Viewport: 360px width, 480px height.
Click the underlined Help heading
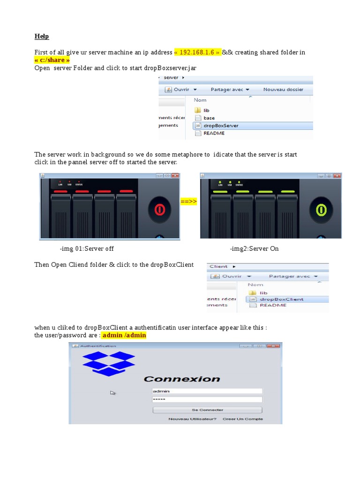pos(42,36)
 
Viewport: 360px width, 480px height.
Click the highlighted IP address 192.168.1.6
pos(197,52)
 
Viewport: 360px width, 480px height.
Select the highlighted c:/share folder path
pos(52,60)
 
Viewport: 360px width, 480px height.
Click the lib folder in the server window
pos(206,110)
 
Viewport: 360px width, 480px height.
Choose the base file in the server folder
pos(209,118)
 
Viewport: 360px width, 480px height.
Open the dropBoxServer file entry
pos(221,126)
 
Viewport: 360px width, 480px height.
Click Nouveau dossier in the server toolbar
pos(283,89)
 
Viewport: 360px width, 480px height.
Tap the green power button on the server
pos(321,209)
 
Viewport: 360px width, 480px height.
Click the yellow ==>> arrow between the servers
pos(188,202)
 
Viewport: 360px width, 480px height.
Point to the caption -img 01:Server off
pos(87,248)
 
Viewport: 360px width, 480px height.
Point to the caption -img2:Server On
pos(254,248)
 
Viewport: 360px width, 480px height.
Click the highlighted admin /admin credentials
pos(124,335)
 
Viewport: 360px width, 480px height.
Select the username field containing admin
pos(207,391)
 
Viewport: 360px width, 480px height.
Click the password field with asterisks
pos(207,399)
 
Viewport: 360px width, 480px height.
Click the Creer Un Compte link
pos(243,419)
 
